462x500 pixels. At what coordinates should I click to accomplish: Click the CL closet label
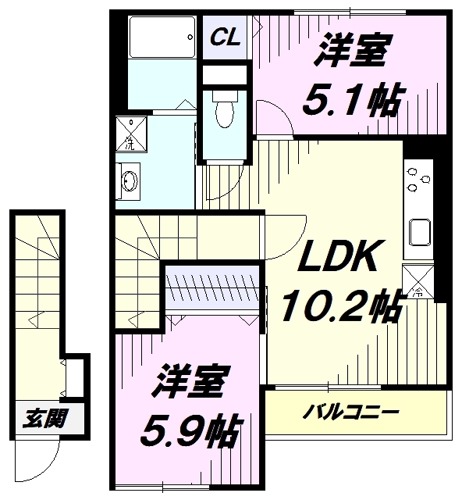click(x=225, y=37)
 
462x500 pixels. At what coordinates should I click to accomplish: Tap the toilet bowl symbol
click(x=225, y=109)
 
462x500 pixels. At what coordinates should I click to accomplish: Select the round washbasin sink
click(x=130, y=181)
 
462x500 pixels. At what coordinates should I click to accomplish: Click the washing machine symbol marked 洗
click(x=131, y=134)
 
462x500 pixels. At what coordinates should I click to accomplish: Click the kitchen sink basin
click(x=420, y=232)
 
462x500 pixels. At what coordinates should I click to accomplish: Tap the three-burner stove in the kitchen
click(x=418, y=180)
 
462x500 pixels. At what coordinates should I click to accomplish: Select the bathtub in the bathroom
click(x=162, y=37)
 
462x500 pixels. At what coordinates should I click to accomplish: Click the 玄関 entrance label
click(x=45, y=418)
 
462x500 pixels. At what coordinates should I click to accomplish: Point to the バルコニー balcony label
click(x=350, y=412)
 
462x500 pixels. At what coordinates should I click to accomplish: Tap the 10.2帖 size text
click(x=341, y=306)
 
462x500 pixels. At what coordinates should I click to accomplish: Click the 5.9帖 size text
click(x=190, y=430)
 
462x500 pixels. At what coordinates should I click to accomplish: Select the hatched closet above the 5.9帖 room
click(x=212, y=287)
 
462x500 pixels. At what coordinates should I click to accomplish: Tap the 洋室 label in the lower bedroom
click(x=190, y=381)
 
